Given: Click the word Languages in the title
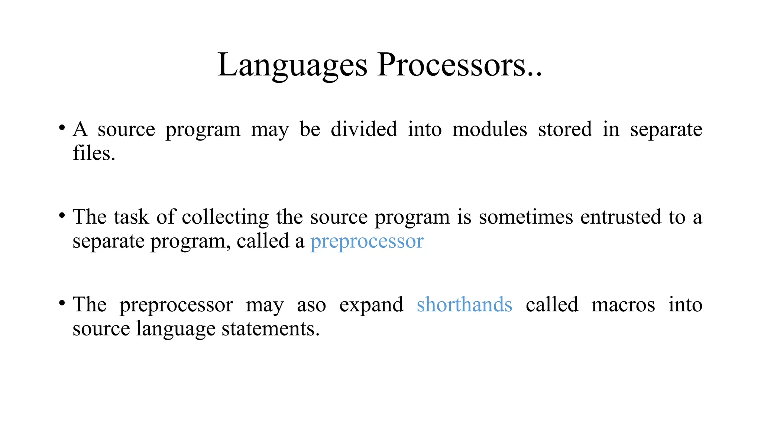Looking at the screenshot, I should [292, 65].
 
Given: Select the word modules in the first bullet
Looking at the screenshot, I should [490, 130].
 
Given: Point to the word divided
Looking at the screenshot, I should [364, 130].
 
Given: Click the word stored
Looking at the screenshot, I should [565, 130].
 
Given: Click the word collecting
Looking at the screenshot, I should [225, 217].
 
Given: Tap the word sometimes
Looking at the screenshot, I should [526, 217].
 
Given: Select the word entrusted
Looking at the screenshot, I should [621, 217].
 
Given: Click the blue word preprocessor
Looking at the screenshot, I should [367, 242].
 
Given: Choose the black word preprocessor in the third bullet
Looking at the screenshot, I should [176, 305].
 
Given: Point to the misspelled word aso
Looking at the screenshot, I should [311, 305].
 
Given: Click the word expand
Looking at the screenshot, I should [371, 305].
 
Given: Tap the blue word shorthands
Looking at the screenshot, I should [464, 305].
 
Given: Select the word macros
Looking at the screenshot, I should [623, 305].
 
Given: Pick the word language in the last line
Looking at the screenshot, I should [175, 330].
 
